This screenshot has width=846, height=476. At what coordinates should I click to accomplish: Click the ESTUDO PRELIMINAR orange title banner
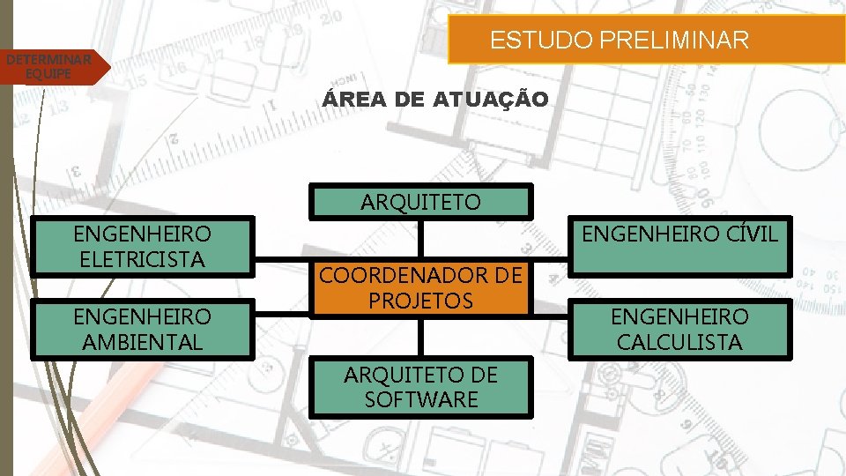point(620,40)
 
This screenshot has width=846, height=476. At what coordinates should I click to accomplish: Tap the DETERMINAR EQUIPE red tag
point(49,67)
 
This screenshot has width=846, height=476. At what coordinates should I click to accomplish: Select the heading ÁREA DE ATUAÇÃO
point(434,100)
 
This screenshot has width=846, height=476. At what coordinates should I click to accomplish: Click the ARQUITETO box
point(421,202)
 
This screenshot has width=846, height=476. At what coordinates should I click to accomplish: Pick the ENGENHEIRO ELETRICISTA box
point(143,246)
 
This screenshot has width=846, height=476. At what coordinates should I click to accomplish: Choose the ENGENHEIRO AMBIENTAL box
point(143,329)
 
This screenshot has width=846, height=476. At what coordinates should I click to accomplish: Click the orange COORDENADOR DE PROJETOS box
point(421,288)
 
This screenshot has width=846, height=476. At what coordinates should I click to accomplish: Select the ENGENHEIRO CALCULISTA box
point(679,329)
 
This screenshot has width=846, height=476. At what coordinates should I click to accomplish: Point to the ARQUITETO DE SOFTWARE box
point(421,387)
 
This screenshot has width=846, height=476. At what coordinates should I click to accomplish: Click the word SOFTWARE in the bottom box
point(421,399)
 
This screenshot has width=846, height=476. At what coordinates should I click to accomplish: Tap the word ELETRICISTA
point(143,259)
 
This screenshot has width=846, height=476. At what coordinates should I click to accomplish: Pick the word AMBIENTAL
point(143,342)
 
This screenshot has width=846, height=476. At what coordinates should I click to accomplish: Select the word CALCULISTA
point(679,342)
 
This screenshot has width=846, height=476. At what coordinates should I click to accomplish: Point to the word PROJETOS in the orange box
point(421,301)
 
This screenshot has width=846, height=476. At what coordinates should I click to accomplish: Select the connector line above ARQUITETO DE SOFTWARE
point(421,337)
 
